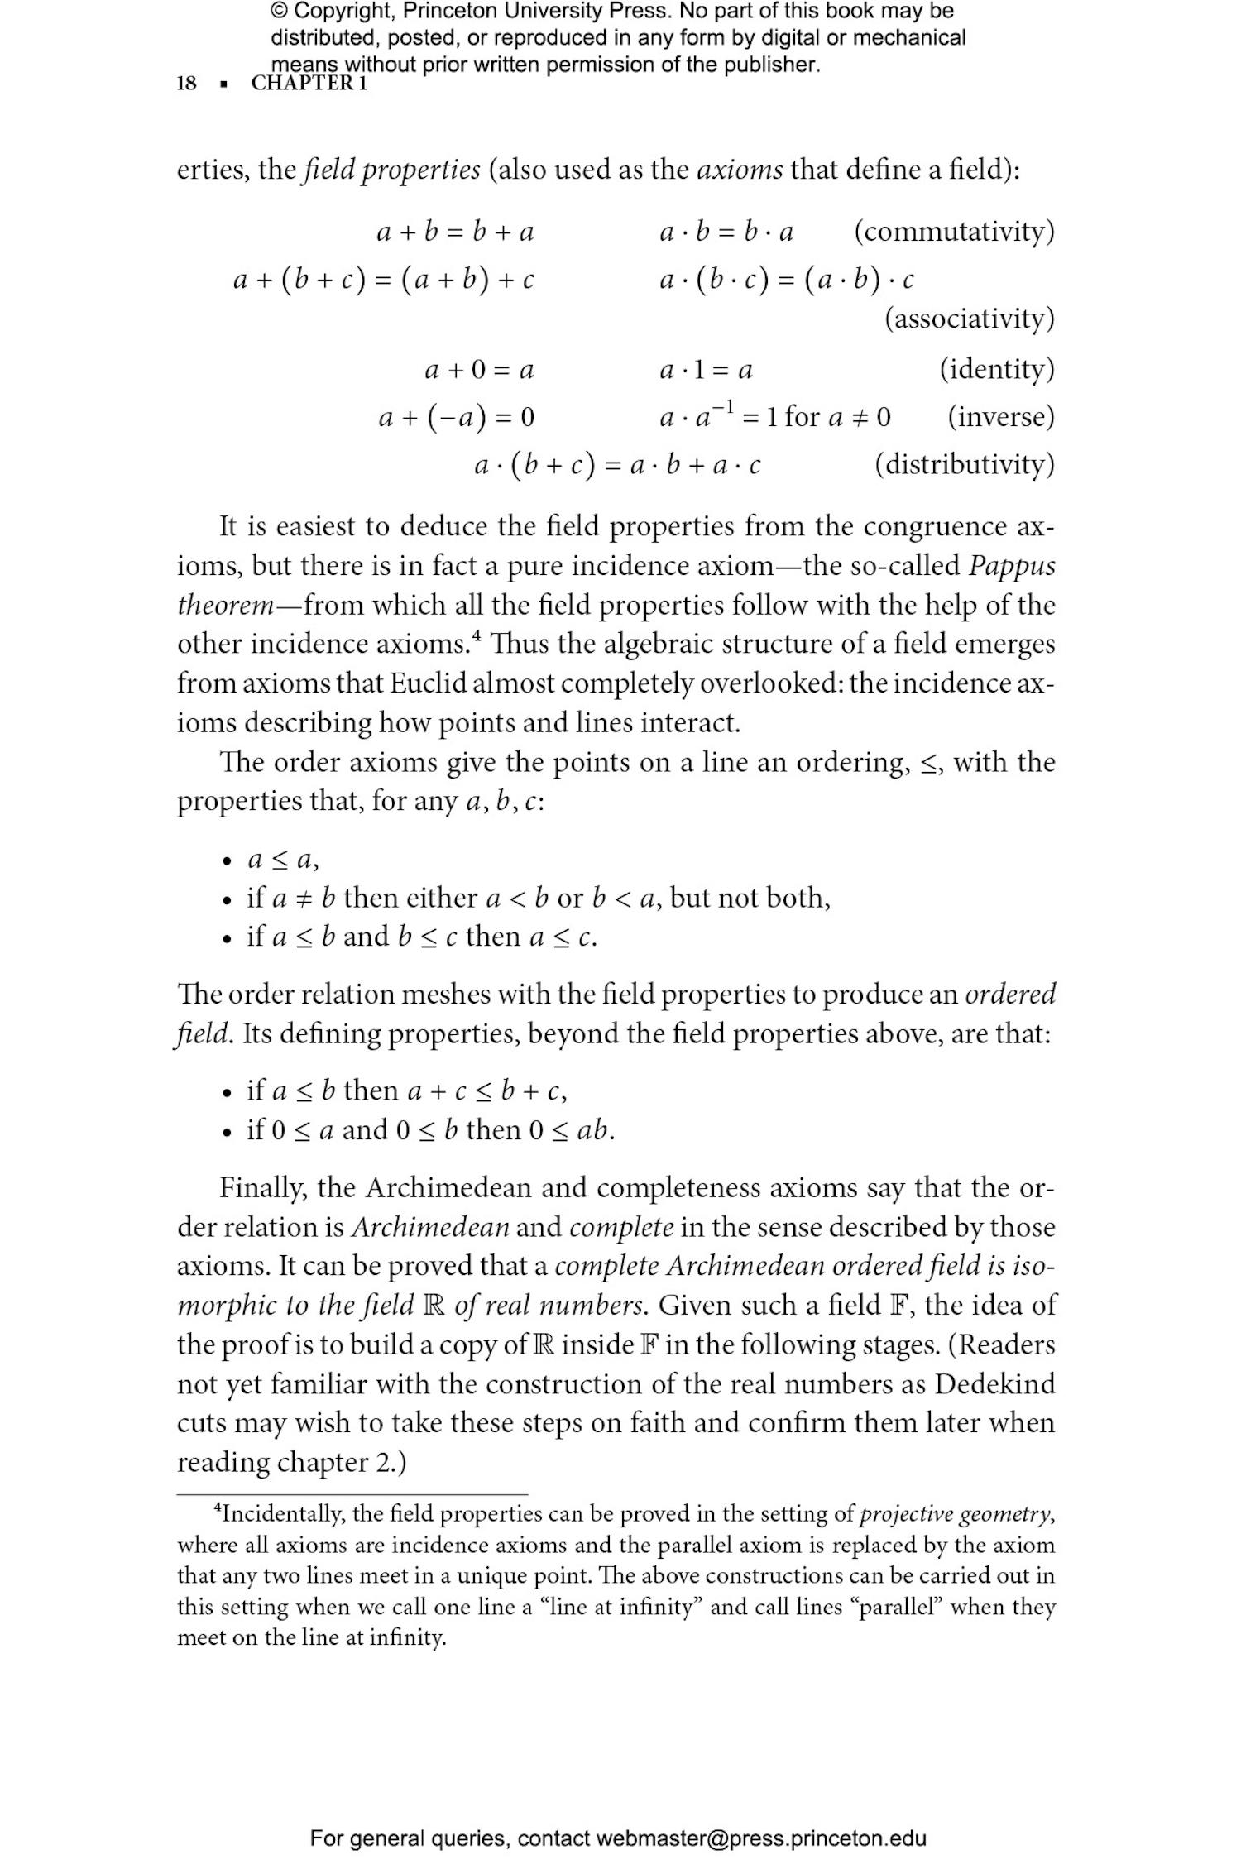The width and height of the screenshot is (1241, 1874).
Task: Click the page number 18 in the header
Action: click(187, 84)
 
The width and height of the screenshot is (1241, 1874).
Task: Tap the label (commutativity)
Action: click(954, 231)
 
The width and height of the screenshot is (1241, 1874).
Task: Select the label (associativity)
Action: click(970, 319)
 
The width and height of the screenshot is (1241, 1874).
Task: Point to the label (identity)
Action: click(996, 368)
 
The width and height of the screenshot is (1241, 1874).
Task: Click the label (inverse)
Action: click(1001, 416)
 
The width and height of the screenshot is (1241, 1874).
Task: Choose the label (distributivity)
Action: click(965, 464)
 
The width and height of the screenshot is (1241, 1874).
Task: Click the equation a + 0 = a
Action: click(479, 369)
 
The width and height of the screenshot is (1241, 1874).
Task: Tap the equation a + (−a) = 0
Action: click(457, 417)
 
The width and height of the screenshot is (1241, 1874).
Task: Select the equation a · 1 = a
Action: click(706, 369)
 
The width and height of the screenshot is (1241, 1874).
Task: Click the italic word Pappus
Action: click(1012, 566)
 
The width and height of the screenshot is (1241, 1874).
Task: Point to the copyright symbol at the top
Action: click(280, 12)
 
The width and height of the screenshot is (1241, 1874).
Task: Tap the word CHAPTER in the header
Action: click(302, 84)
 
